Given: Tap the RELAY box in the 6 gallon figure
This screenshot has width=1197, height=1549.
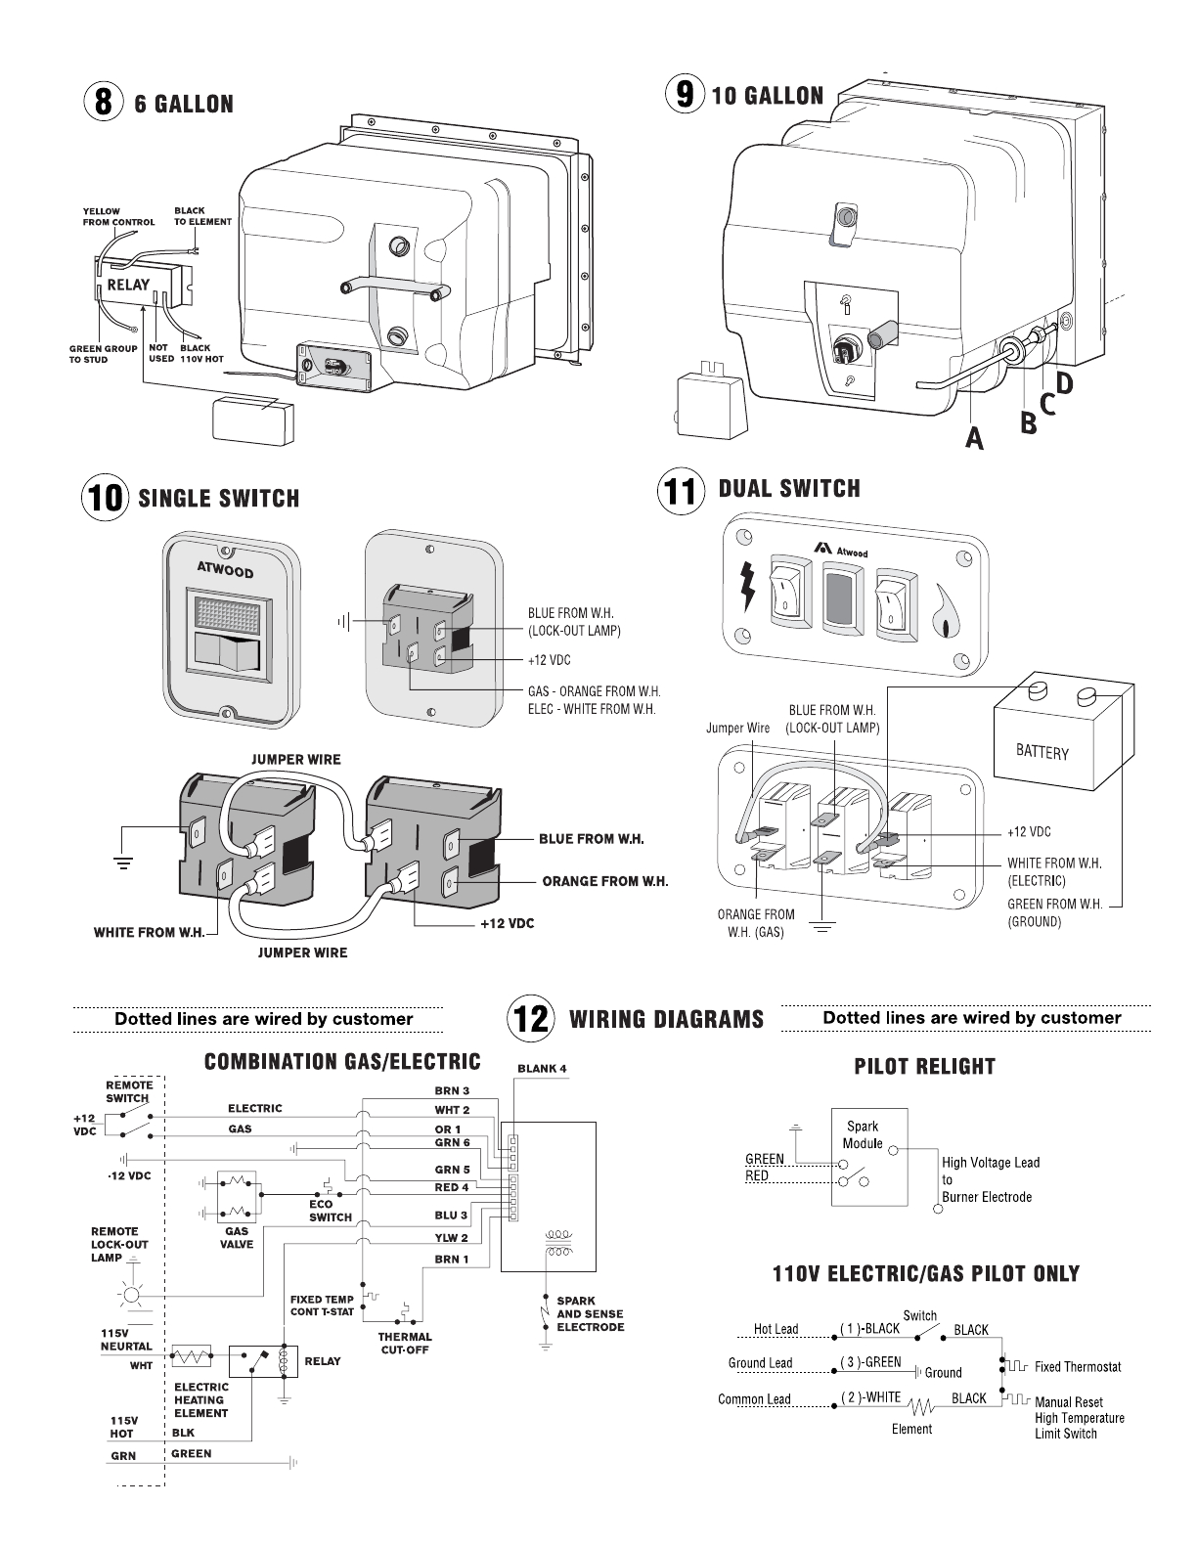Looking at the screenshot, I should pos(128,285).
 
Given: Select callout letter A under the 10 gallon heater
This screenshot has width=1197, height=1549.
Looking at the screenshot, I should pos(974,439).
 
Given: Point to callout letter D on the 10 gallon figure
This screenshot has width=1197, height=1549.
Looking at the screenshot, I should pos(1063,383).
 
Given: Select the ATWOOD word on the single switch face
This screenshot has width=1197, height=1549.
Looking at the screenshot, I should pos(225,568).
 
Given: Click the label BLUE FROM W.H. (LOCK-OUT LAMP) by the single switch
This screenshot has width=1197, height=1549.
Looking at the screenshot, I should pos(574,622).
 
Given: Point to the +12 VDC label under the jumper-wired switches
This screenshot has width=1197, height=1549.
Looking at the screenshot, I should pos(507,923).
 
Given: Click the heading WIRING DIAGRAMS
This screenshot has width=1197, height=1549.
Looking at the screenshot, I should pos(666,1019).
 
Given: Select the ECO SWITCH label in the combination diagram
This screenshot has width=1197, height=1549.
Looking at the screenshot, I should pos(331,1211).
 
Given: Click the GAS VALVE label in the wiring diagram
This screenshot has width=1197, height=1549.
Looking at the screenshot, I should pos(237,1238).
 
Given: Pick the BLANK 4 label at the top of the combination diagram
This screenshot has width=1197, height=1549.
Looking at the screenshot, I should pos(542,1068).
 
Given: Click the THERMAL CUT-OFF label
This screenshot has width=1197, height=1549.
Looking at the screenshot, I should pos(405,1343).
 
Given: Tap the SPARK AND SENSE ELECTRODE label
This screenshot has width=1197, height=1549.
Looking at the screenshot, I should pos(590,1314).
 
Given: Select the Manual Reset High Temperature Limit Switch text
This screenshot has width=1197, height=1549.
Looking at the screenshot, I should pos(1079,1418).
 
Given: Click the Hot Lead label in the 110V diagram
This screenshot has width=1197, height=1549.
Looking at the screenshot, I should pos(776,1329).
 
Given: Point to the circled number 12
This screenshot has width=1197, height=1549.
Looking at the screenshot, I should pos(531,1018).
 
